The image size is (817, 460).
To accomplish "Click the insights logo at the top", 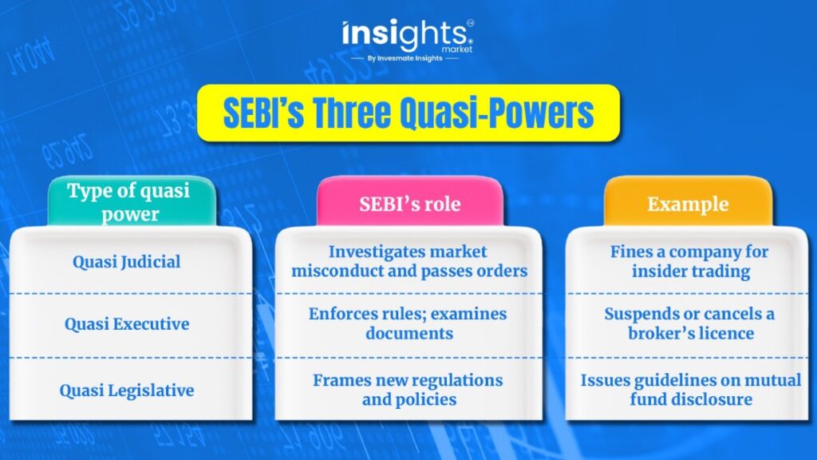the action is point(408,35).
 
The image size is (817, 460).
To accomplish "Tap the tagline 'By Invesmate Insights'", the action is point(405,58).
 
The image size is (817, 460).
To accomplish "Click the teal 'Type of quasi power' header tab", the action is point(132,202).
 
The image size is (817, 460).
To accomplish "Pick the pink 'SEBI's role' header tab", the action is point(410,202).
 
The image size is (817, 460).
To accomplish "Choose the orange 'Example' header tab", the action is point(688,202).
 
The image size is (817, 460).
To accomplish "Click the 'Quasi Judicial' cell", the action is point(127,261).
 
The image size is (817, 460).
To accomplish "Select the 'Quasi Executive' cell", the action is point(127,324).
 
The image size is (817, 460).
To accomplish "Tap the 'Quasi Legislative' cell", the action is point(127,390).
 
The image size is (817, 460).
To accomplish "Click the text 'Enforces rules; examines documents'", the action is point(408,323).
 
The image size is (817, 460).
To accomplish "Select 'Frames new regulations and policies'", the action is point(408,390).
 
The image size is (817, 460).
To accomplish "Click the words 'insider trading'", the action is point(691,272).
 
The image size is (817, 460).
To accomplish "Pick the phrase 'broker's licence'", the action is point(691,333).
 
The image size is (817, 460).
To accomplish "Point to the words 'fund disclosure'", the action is point(691,399).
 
